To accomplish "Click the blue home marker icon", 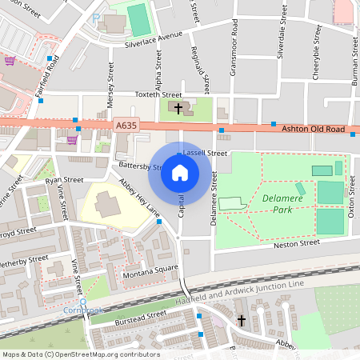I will (x=180, y=173).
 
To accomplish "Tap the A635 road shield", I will (x=126, y=126).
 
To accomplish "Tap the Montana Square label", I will (x=150, y=270).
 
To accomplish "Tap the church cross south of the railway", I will (x=241, y=321).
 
